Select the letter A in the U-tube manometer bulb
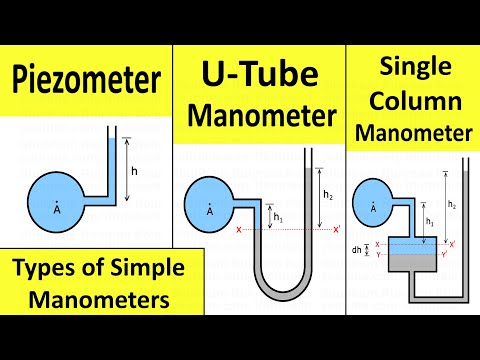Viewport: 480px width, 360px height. click(209, 212)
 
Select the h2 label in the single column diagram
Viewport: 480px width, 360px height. click(452, 205)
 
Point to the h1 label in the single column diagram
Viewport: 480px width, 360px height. click(427, 221)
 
